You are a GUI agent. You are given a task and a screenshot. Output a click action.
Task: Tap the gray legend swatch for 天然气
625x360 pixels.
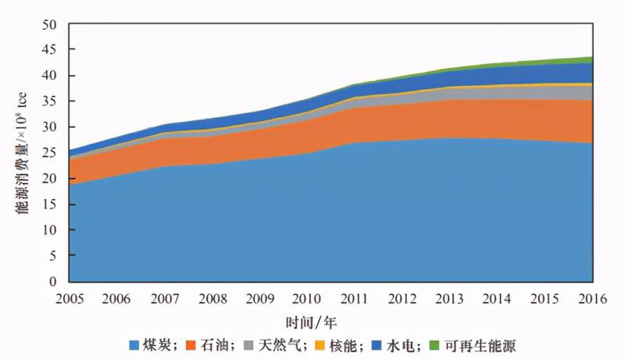pos(248,345)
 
